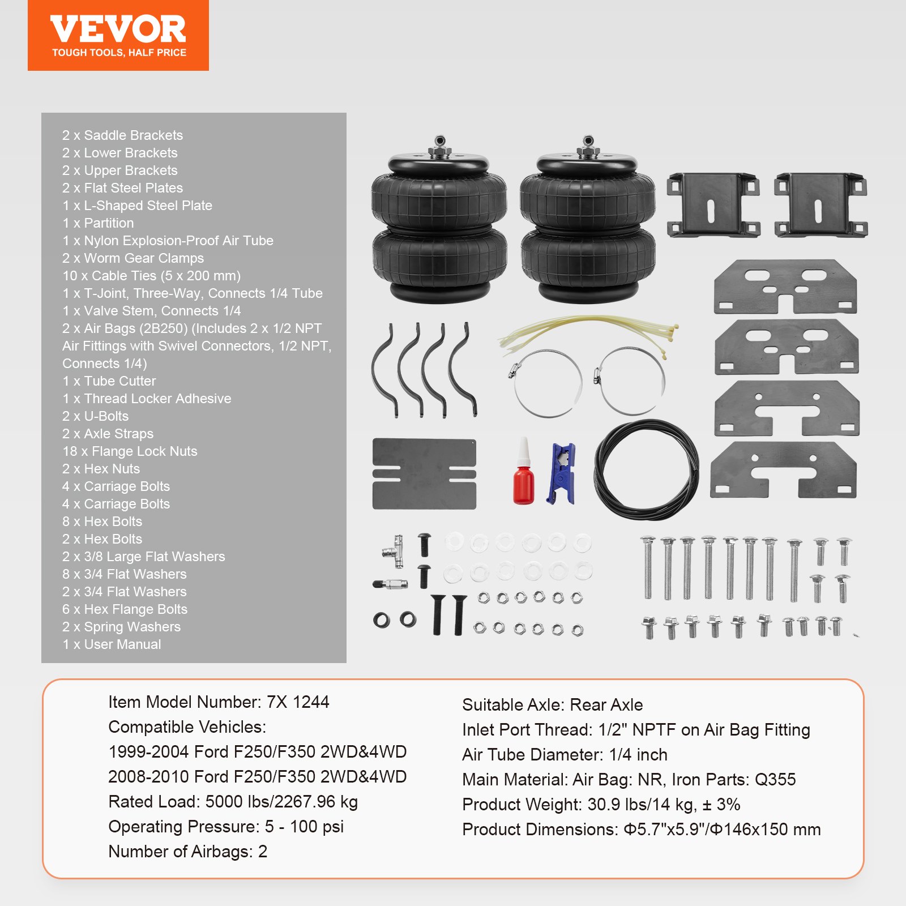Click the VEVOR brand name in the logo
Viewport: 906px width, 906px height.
[118, 29]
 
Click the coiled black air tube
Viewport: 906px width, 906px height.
[646, 469]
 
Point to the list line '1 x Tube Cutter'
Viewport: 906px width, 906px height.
[109, 381]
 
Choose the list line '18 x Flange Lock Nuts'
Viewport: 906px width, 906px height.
[130, 451]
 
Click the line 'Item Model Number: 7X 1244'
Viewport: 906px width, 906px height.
[219, 702]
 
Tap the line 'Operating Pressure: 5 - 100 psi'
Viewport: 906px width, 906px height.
[226, 827]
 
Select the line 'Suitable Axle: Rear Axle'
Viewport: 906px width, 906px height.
[552, 705]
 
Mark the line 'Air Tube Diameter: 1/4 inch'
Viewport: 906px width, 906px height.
[565, 755]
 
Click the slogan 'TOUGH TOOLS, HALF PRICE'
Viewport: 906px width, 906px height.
[119, 53]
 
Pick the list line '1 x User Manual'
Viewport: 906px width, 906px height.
[112, 644]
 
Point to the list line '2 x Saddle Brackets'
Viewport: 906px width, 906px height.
[122, 135]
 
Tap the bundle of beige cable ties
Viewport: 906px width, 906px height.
[589, 334]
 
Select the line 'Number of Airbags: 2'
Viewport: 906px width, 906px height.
[187, 852]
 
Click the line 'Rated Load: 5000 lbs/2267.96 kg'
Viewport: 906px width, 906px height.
[233, 802]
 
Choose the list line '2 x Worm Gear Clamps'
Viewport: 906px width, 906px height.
[133, 258]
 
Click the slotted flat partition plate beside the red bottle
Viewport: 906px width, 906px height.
[424, 474]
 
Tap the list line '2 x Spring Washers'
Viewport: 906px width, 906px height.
[121, 627]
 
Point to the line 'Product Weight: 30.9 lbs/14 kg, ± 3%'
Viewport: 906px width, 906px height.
[601, 805]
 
